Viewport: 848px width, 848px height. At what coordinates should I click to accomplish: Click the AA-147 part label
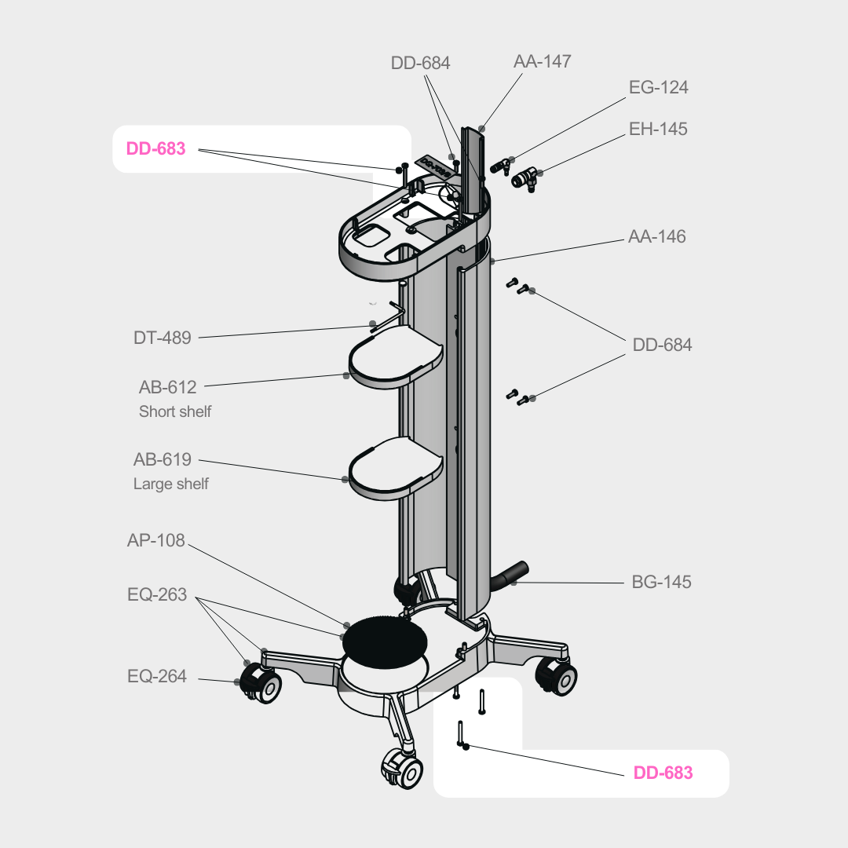[x=542, y=61]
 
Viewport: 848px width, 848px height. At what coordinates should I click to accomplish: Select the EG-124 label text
[x=658, y=87]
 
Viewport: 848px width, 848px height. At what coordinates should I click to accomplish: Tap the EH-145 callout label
[x=658, y=129]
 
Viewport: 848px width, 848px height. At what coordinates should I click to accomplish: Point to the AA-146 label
[x=656, y=236]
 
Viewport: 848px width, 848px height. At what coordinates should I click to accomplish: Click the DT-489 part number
[x=162, y=338]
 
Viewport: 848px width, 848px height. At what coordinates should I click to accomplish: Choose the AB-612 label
[x=167, y=387]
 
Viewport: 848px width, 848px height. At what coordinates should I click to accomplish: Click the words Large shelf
[x=171, y=484]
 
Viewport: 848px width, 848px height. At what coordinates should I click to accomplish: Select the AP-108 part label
[x=155, y=541]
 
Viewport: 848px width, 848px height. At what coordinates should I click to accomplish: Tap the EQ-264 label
[x=157, y=676]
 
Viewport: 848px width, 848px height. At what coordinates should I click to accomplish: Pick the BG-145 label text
[x=661, y=583]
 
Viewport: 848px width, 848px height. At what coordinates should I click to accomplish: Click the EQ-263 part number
[x=157, y=594]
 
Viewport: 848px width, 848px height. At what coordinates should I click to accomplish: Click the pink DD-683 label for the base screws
[x=663, y=773]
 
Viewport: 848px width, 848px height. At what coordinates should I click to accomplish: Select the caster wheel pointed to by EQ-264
[x=260, y=684]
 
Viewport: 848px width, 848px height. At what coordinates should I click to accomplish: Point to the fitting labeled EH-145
[x=524, y=178]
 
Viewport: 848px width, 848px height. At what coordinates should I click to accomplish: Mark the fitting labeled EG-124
[x=501, y=166]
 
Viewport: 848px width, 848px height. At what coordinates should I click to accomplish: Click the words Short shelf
[x=175, y=411]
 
